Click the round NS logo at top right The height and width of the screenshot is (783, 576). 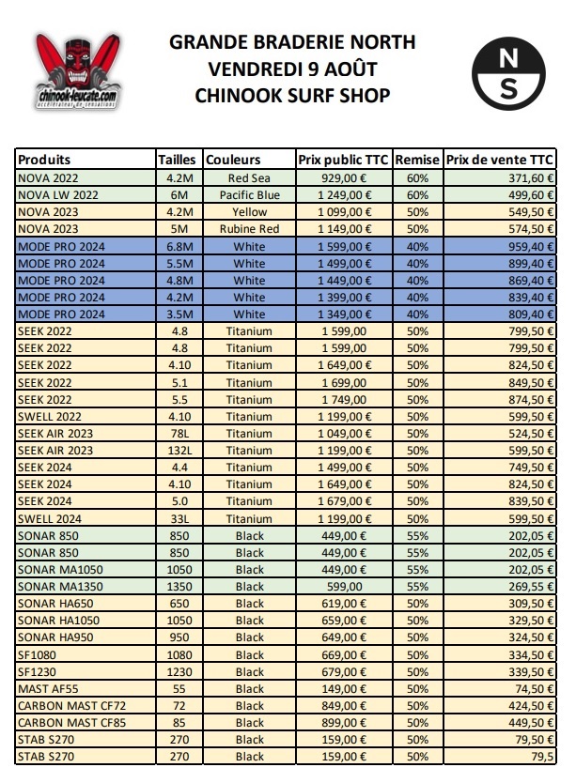[508, 74]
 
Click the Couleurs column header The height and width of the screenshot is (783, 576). [233, 159]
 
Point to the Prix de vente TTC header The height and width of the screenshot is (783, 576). [501, 159]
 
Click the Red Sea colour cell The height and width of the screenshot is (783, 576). [249, 177]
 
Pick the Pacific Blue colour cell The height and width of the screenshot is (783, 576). [249, 193]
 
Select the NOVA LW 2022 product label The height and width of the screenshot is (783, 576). [58, 193]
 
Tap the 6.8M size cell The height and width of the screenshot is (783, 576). [179, 245]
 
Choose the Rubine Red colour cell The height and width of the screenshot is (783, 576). [249, 228]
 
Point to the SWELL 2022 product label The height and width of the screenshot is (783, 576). [52, 416]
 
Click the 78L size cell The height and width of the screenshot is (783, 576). [179, 433]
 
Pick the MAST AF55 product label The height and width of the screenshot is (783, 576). [51, 689]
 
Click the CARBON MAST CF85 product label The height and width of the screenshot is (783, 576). [71, 723]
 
